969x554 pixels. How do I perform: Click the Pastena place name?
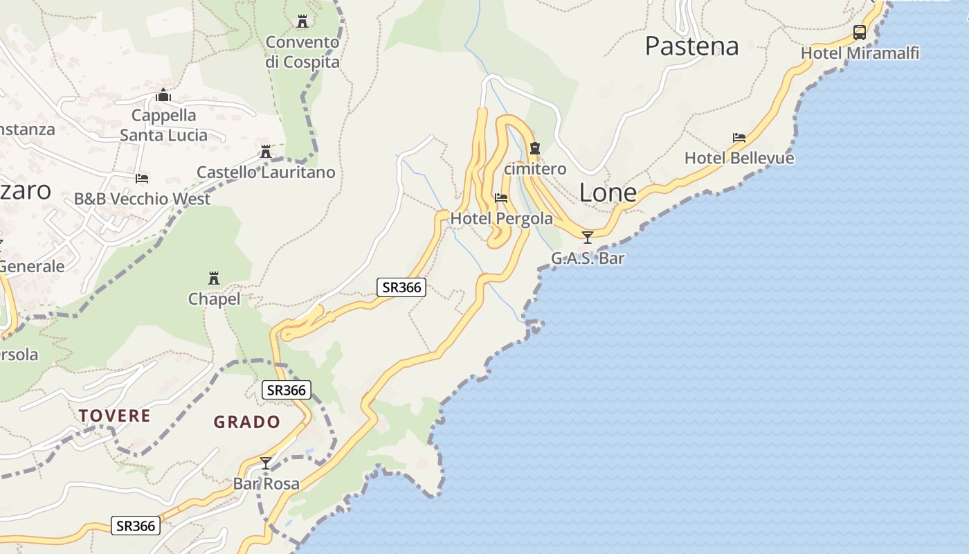[x=691, y=46]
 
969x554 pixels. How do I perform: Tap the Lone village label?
[x=608, y=193]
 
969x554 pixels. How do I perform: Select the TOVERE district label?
[x=114, y=415]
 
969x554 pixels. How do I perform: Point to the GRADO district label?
[x=246, y=422]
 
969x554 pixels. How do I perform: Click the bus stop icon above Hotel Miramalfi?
[x=859, y=32]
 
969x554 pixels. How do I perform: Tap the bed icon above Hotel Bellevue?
[x=739, y=138]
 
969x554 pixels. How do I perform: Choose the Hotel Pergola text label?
[x=502, y=219]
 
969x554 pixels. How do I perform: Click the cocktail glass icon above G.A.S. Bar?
[x=588, y=238]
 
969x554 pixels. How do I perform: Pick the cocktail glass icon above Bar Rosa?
[x=266, y=463]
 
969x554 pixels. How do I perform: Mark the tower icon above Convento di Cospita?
[x=302, y=21]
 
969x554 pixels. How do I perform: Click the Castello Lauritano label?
[x=266, y=172]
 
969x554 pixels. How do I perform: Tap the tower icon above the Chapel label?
[x=214, y=278]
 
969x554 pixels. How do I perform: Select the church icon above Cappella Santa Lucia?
[x=163, y=95]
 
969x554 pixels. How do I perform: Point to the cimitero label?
[x=535, y=168]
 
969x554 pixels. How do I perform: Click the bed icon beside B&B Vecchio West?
[x=142, y=179]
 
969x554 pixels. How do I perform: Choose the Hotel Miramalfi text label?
[x=860, y=53]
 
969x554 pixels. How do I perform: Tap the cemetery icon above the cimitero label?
[x=534, y=148]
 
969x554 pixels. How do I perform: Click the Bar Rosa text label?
[x=266, y=483]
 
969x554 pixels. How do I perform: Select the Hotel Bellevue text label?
[x=739, y=158]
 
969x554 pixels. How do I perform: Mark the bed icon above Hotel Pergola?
[x=501, y=198]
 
